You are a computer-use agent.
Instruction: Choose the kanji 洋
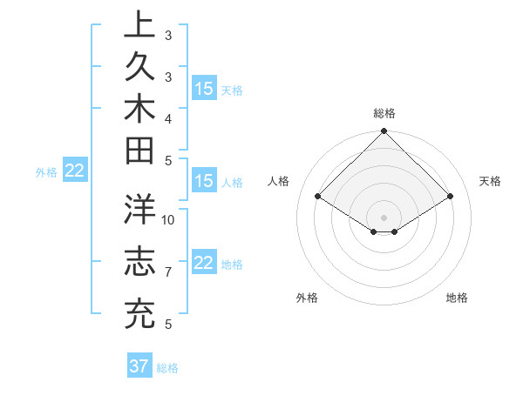click(x=139, y=211)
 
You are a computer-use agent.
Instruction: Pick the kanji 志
click(x=139, y=262)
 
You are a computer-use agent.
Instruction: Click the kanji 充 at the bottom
click(x=139, y=313)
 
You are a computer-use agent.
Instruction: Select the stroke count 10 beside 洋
click(x=168, y=219)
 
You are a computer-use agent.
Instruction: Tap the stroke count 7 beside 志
click(x=167, y=272)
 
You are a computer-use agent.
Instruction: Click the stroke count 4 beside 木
click(x=167, y=117)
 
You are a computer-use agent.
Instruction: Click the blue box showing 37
click(x=139, y=366)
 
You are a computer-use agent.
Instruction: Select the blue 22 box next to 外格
click(x=75, y=171)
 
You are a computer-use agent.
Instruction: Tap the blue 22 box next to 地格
click(x=204, y=264)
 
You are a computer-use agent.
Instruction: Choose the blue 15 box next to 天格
click(x=204, y=89)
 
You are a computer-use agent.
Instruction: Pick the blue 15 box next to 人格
click(x=204, y=182)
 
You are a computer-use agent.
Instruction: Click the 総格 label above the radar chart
click(x=384, y=113)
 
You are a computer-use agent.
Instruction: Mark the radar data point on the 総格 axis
click(x=384, y=132)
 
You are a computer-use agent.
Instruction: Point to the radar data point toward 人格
click(x=318, y=197)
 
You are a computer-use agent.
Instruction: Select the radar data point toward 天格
click(x=451, y=197)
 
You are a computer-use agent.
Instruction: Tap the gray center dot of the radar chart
click(x=384, y=217)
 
